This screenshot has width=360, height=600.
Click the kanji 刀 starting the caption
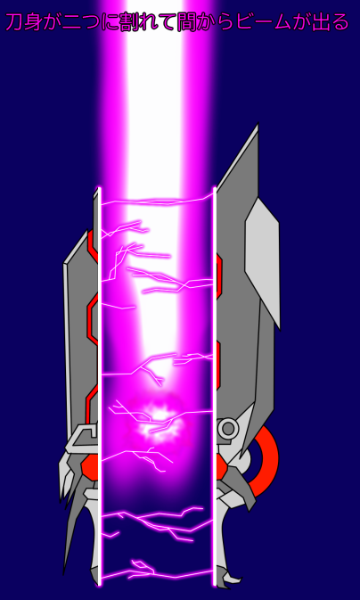point(13,22)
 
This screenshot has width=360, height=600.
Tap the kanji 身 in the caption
point(32,22)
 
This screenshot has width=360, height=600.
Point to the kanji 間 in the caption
point(185,22)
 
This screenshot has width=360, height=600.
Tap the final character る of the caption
point(339,22)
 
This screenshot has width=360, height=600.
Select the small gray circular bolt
point(228,428)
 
